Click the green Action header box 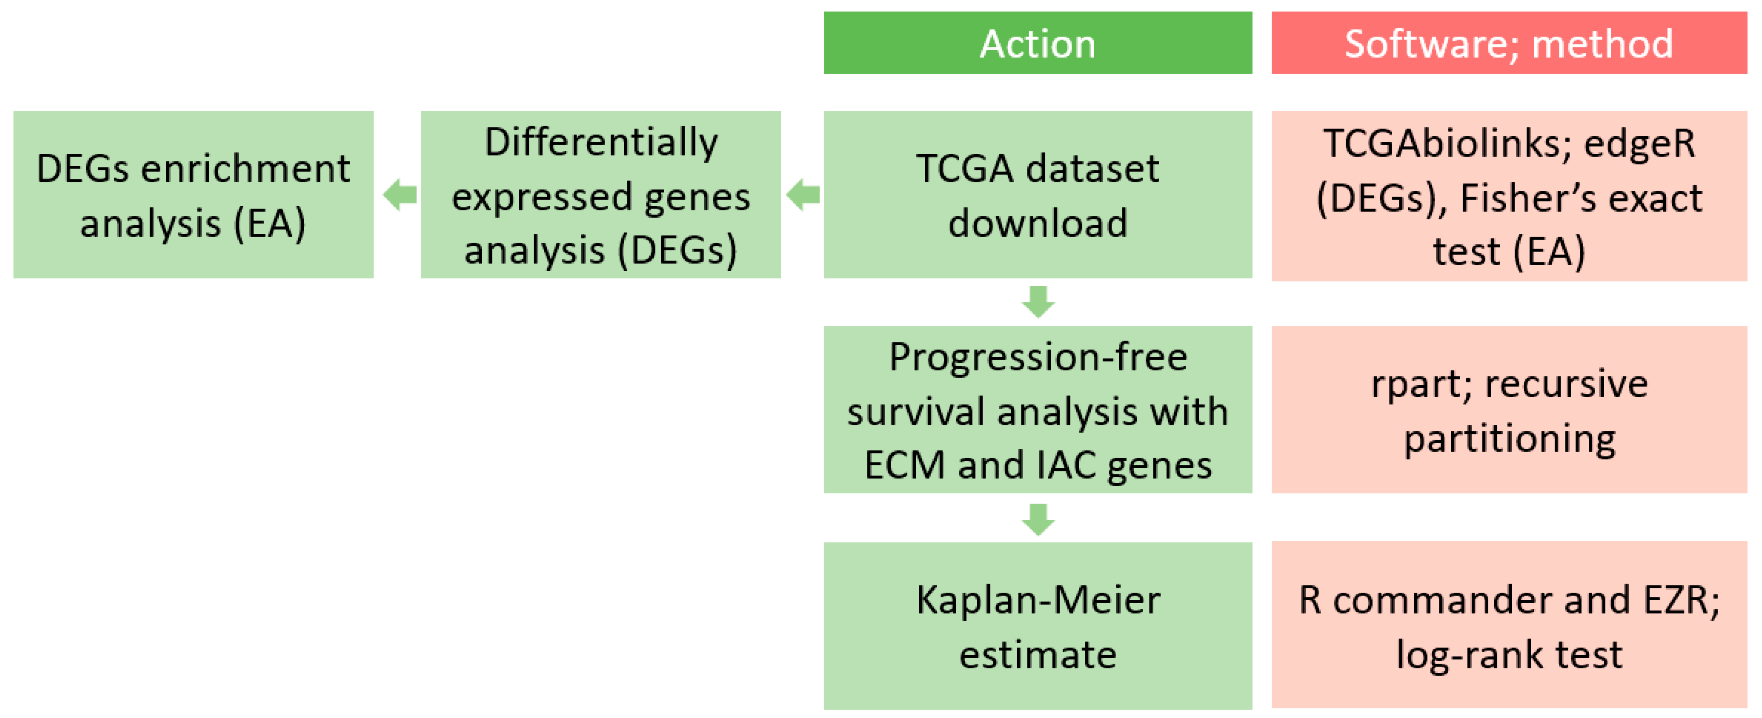[1038, 42]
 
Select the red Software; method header [1508, 42]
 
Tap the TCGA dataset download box [1038, 195]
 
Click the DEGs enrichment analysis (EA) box [193, 195]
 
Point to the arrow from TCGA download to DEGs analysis [803, 195]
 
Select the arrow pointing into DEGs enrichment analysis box [400, 195]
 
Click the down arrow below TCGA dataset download [1038, 302]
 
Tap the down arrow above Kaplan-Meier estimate [1038, 519]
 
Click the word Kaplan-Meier [1038, 600]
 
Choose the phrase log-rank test [1509, 654]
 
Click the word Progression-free [1038, 357]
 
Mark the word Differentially [601, 142]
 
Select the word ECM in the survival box [905, 465]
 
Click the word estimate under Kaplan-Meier [1038, 654]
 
